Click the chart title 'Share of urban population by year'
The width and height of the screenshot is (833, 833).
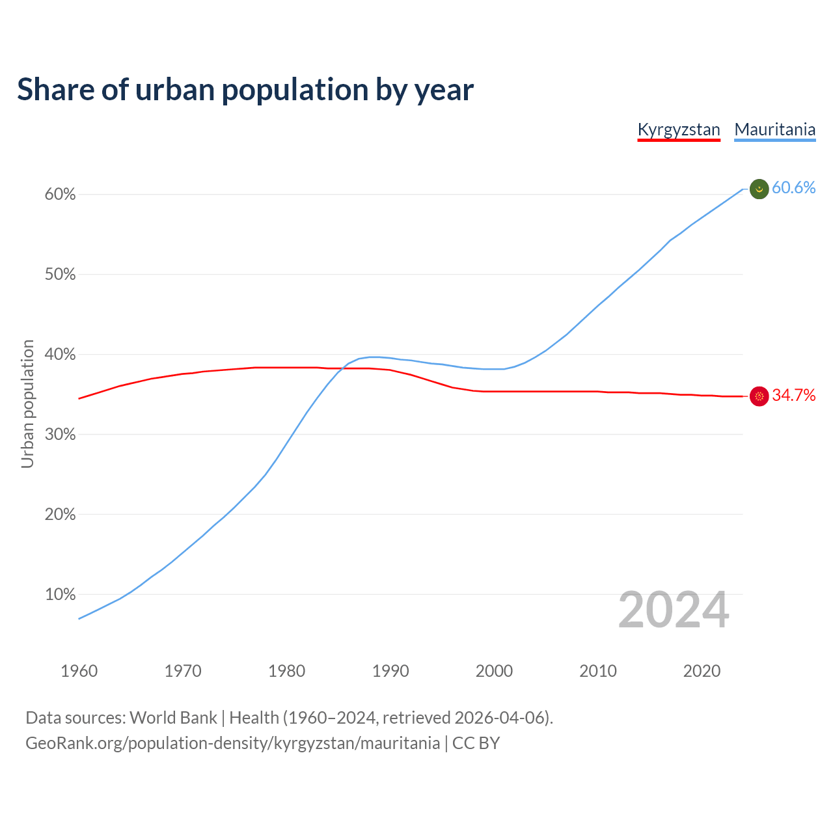click(x=245, y=90)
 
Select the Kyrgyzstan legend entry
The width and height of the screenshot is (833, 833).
click(x=679, y=130)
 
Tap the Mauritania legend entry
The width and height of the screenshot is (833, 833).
click(x=774, y=130)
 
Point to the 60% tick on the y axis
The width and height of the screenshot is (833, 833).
click(x=61, y=195)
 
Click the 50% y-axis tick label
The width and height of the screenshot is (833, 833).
click(x=61, y=275)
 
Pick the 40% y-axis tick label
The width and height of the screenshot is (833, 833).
click(x=61, y=355)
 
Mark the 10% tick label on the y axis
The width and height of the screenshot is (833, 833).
click(x=61, y=595)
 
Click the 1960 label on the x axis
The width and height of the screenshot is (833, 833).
click(x=79, y=671)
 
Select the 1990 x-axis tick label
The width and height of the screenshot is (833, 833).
click(x=390, y=671)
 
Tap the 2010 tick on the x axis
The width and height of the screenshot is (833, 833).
click(x=598, y=671)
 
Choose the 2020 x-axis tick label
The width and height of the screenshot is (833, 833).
click(x=702, y=671)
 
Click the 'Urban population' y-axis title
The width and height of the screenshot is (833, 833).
click(x=27, y=403)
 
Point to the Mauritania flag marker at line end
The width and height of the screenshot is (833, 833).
click(x=759, y=189)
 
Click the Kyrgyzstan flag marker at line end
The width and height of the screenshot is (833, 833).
click(x=759, y=396)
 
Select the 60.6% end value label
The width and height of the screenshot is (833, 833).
click(x=793, y=187)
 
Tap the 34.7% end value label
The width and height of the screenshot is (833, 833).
click(x=793, y=395)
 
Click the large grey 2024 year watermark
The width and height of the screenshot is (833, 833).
click(x=674, y=610)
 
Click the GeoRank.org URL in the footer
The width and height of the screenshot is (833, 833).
click(x=232, y=743)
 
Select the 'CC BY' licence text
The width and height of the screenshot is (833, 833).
click(x=476, y=743)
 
